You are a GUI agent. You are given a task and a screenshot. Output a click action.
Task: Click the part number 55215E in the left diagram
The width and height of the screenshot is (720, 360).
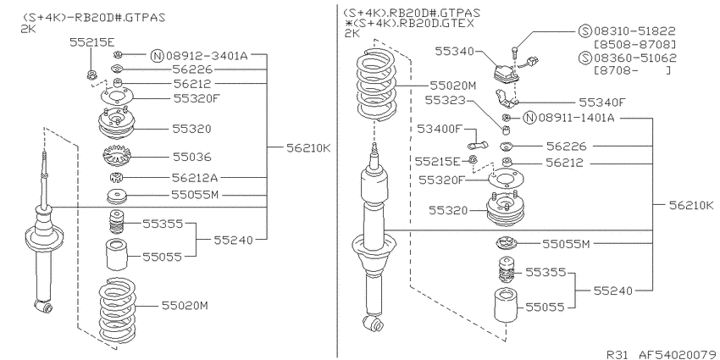click(91, 42)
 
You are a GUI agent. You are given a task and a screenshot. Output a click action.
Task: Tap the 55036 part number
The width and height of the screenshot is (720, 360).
click(192, 157)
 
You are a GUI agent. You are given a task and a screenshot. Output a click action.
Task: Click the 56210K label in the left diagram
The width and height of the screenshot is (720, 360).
click(308, 148)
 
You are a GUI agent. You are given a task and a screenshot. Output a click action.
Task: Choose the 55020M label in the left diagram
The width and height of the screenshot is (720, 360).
click(185, 305)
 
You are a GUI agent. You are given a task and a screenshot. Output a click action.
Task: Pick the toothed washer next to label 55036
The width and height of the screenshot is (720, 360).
click(117, 157)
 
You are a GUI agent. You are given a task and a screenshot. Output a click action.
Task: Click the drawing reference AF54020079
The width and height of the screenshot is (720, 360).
click(679, 354)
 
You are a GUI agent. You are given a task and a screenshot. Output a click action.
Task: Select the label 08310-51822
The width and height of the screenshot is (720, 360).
click(634, 31)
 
